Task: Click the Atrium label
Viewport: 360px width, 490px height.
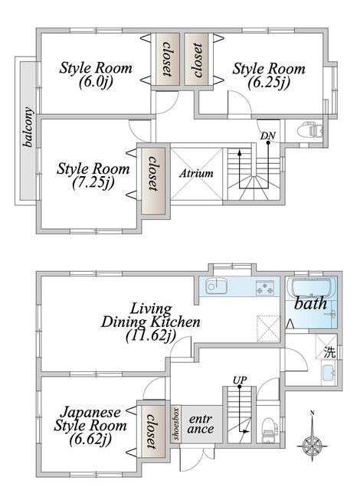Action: (196, 174)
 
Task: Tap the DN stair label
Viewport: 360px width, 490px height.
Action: (268, 136)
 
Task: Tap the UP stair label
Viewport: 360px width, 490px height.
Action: (240, 380)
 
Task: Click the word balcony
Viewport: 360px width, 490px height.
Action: (28, 126)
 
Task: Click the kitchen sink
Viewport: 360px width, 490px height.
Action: (216, 286)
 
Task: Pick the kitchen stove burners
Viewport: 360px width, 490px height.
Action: (265, 288)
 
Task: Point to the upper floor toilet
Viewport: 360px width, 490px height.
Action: (310, 131)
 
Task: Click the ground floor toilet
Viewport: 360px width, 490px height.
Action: (270, 430)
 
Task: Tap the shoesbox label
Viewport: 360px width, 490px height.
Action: (176, 423)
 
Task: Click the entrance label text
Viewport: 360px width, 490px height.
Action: (201, 423)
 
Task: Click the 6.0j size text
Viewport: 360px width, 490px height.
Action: (96, 82)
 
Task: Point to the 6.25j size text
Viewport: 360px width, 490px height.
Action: (269, 83)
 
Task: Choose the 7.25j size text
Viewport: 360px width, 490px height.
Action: (93, 183)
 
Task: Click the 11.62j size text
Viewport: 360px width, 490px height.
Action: (151, 335)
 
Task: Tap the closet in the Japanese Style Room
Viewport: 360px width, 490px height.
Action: (153, 431)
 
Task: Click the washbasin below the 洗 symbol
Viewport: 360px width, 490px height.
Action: (329, 373)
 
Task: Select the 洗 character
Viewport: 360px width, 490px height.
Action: (329, 352)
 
